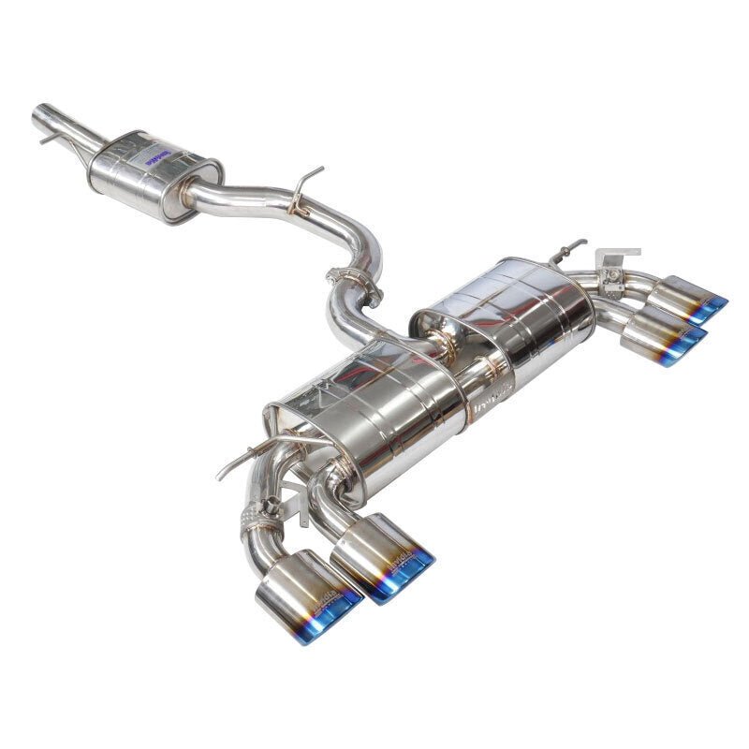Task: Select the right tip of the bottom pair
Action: click(x=384, y=559)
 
